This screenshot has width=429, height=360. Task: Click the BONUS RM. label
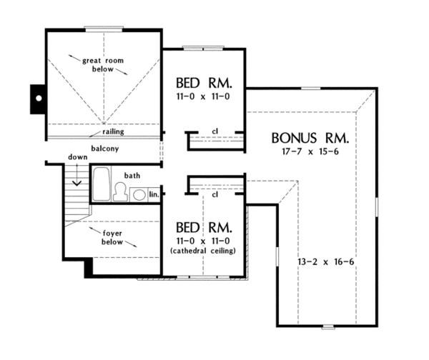[x=310, y=137]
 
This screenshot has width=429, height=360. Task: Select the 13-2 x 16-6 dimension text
[x=326, y=261]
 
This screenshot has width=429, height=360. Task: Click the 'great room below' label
[x=104, y=65]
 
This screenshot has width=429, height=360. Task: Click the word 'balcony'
[x=104, y=149]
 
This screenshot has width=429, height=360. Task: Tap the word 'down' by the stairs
[x=77, y=157]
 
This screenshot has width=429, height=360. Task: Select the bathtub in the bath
[x=101, y=184]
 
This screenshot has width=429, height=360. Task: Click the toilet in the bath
[x=121, y=191]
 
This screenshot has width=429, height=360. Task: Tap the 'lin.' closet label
[x=154, y=194]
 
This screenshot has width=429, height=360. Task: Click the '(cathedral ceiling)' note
[x=204, y=251]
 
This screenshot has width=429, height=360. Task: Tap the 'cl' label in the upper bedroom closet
[x=215, y=131]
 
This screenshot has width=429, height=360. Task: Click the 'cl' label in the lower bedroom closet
[x=215, y=194]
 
